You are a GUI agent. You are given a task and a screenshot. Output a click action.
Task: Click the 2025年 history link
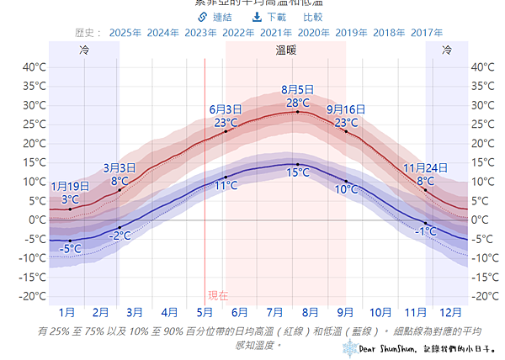pyautogui.click(x=125, y=32)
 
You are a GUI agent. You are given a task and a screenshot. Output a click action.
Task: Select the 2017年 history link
pyautogui.click(x=428, y=32)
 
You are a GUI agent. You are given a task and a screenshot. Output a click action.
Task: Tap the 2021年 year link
pyautogui.click(x=277, y=32)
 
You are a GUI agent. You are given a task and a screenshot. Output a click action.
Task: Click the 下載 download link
pyautogui.click(x=268, y=17)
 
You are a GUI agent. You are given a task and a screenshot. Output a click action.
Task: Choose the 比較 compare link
pyautogui.click(x=312, y=17)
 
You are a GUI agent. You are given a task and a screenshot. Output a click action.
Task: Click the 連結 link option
pyautogui.click(x=215, y=17)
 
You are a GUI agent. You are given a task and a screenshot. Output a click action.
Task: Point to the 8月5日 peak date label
pyautogui.click(x=297, y=90)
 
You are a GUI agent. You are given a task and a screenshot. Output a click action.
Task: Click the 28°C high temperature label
pyautogui.click(x=297, y=103)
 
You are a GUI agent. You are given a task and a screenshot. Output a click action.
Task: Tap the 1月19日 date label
pyautogui.click(x=70, y=187)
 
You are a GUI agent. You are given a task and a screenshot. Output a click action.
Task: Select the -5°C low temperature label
pyautogui.click(x=71, y=249)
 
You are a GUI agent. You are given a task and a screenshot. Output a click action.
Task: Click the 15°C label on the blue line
pyautogui.click(x=297, y=173)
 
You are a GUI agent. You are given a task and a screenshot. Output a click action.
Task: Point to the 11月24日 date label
pyautogui.click(x=425, y=168)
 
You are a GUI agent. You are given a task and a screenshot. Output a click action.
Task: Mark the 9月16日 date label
pyautogui.click(x=346, y=109)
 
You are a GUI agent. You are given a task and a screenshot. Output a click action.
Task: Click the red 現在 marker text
pyautogui.click(x=218, y=295)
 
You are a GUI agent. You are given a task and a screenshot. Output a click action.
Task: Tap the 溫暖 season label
pyautogui.click(x=285, y=50)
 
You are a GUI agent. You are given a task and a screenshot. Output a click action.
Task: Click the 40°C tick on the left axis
pyautogui.click(x=34, y=67)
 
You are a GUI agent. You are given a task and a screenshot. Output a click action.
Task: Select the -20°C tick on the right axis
pyautogui.click(x=485, y=296)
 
